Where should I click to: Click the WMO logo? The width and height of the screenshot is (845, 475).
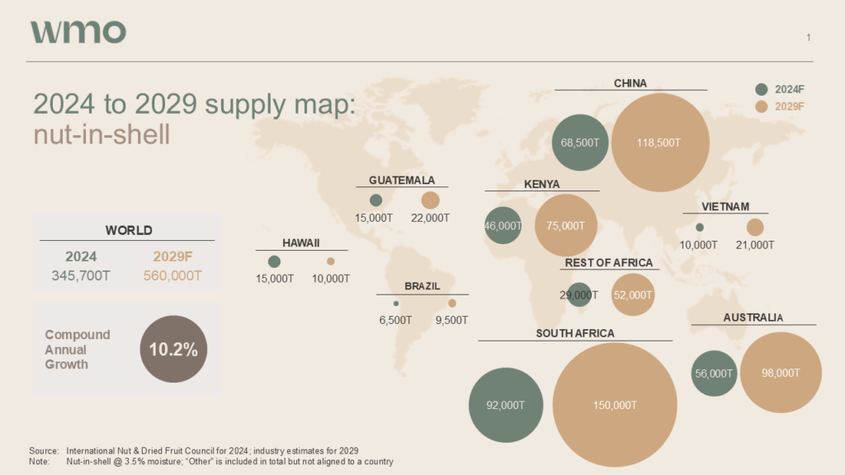click(78, 31)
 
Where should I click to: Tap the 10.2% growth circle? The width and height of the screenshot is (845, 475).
click(173, 349)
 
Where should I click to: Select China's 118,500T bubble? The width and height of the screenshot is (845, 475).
click(659, 142)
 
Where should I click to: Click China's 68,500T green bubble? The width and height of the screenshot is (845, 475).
click(580, 142)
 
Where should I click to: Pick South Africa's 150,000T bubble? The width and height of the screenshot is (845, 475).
click(615, 405)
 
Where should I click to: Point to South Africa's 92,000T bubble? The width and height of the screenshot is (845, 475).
click(504, 405)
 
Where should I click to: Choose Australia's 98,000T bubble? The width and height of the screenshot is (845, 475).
click(781, 373)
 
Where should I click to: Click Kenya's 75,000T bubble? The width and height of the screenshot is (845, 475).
click(566, 225)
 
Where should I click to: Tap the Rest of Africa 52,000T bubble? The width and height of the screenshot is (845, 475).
click(633, 295)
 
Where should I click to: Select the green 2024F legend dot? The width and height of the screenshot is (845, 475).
click(762, 89)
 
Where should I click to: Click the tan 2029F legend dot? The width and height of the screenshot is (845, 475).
click(762, 106)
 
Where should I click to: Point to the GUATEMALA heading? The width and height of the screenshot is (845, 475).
click(402, 181)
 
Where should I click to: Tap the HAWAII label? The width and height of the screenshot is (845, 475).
click(300, 243)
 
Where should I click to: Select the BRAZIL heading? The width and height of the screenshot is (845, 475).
click(422, 286)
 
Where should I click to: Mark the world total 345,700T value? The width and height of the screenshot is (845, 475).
click(82, 275)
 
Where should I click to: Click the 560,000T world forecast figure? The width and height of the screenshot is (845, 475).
click(172, 275)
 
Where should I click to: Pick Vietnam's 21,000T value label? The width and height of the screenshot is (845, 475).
click(755, 245)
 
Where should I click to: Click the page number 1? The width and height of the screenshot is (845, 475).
click(809, 37)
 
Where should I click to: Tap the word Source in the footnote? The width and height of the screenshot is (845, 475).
click(43, 450)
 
